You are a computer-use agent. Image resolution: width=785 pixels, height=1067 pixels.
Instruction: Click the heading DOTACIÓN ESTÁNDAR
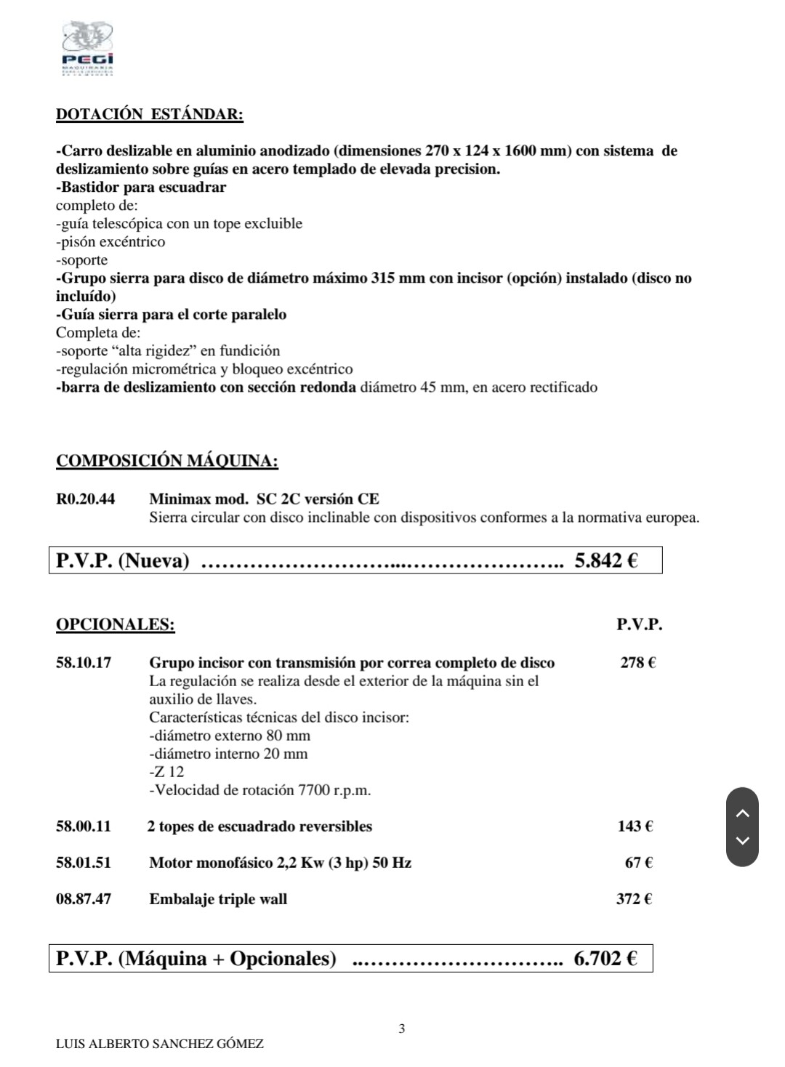click(149, 114)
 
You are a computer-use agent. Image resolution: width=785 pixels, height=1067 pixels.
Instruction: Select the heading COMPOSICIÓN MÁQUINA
click(166, 461)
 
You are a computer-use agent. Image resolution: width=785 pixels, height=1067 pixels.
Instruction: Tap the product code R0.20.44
click(85, 499)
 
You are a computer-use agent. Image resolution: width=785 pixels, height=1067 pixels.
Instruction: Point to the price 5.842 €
click(606, 560)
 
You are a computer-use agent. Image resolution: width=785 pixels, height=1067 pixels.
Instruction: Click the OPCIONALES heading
click(115, 624)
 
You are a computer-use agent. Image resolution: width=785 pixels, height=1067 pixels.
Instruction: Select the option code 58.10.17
click(84, 663)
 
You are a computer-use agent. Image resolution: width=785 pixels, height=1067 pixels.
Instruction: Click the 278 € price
click(637, 663)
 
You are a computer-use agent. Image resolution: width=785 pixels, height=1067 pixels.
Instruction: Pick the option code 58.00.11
click(84, 826)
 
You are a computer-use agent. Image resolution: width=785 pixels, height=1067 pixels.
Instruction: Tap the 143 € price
click(635, 826)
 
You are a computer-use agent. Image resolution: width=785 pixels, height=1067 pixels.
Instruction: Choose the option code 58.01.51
click(84, 863)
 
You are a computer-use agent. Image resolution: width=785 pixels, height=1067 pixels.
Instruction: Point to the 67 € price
click(638, 863)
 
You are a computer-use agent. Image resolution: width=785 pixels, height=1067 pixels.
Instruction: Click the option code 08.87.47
click(84, 899)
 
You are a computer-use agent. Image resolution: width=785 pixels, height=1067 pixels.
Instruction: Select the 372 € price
click(634, 899)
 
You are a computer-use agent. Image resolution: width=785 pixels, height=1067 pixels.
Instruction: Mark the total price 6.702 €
click(605, 959)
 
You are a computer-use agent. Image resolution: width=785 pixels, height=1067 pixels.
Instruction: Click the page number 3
click(402, 1028)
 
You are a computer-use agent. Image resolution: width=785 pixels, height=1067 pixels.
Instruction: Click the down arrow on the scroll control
click(742, 841)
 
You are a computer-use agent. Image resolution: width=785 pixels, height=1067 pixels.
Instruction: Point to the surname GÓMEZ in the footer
click(239, 1044)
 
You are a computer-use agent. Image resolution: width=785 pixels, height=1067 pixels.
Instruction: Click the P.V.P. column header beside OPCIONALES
click(639, 624)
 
